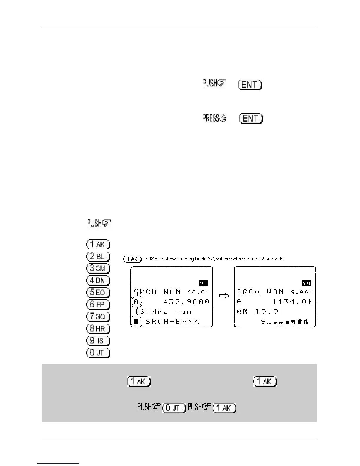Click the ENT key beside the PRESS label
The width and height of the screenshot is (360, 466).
pos(251,119)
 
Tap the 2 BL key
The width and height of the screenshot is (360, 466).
pos(98,256)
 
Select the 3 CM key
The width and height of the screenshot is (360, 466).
pos(98,268)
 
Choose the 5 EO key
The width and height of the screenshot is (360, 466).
pos(98,292)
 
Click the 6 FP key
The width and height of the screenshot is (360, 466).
pos(98,304)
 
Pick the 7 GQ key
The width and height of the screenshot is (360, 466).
pos(98,317)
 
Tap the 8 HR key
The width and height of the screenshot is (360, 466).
pos(98,329)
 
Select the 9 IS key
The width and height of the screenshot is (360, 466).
pos(98,341)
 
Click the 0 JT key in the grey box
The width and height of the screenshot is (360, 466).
pos(174,408)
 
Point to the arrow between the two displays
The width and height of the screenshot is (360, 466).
pos(224,296)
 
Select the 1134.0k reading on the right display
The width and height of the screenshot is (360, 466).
pos(292,302)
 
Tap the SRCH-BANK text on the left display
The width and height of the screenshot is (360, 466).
pos(172,321)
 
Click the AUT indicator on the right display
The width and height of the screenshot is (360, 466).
pos(306,283)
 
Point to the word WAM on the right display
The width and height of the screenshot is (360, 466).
pos(275,292)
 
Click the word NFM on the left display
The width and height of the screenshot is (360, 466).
pos(172,292)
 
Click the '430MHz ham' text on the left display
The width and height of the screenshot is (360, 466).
pos(163,312)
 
